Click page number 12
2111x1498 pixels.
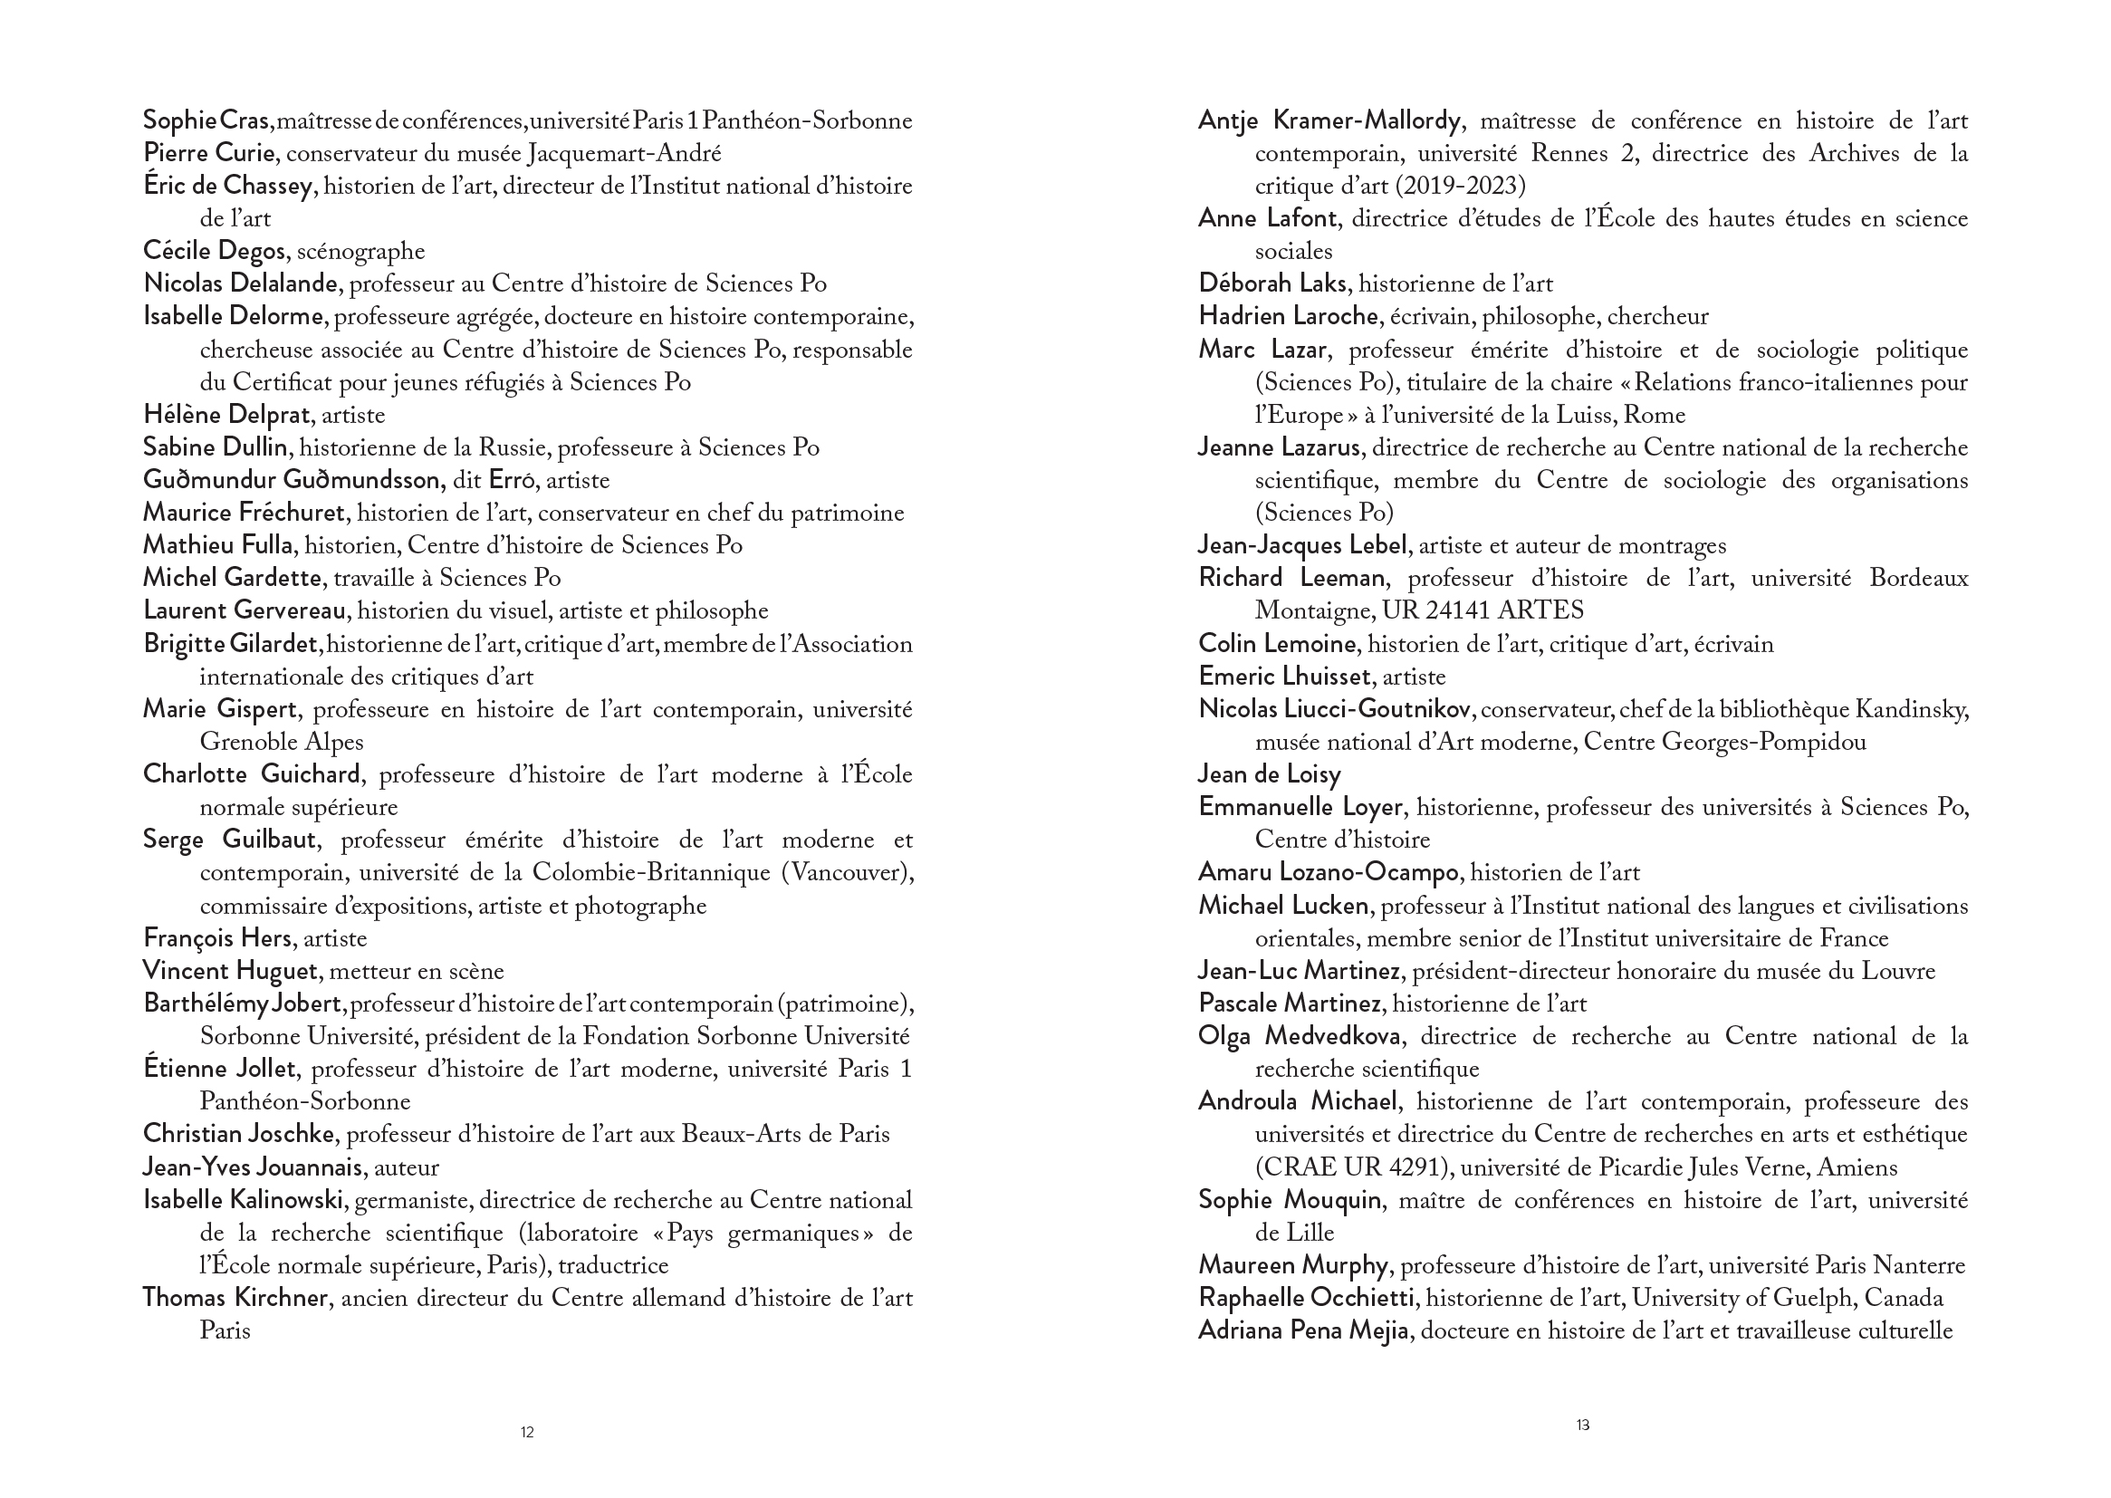(526, 1433)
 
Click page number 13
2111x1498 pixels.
(1582, 1426)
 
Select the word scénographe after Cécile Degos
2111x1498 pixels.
(360, 251)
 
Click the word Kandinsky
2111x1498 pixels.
(1913, 709)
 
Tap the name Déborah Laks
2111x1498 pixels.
(1273, 284)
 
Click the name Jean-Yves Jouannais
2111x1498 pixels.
(252, 1167)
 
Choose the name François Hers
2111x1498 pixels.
(216, 939)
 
